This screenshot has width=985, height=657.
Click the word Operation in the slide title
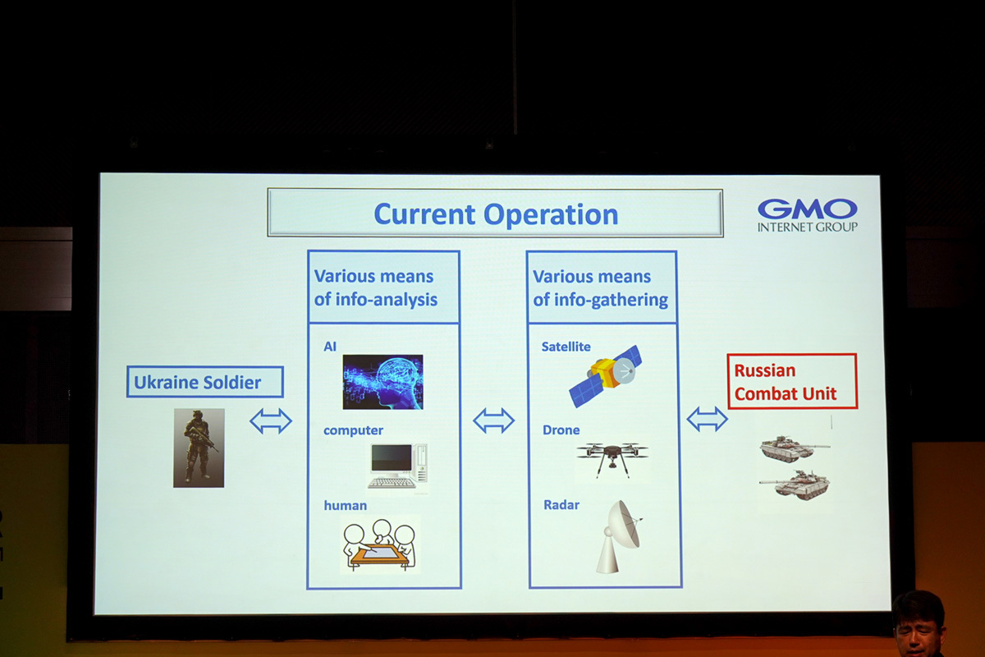(x=551, y=215)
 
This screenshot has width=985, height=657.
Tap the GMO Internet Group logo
(x=808, y=215)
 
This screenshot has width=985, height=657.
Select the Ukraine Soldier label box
(x=205, y=382)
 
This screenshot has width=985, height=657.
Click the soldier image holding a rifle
(x=199, y=448)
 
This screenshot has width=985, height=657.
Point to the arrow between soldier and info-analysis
(x=271, y=421)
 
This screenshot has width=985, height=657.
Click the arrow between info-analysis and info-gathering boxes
(x=494, y=420)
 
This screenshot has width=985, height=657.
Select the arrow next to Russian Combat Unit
(x=707, y=419)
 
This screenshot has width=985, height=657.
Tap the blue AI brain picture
(x=383, y=382)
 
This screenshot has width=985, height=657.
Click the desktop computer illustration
(x=397, y=466)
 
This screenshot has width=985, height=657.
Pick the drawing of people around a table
(x=380, y=544)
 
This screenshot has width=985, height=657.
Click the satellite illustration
(x=606, y=375)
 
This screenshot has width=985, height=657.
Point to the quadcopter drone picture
(x=612, y=459)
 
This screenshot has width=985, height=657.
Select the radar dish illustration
(x=619, y=536)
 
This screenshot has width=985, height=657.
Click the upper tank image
(x=794, y=448)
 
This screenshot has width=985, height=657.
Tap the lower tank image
(x=795, y=485)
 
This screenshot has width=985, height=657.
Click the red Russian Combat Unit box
(x=792, y=382)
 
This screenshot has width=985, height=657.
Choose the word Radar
(x=561, y=505)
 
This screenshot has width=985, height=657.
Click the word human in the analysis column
(x=346, y=506)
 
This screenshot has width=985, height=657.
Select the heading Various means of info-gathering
(x=601, y=288)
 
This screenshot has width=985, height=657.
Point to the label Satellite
(x=566, y=347)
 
